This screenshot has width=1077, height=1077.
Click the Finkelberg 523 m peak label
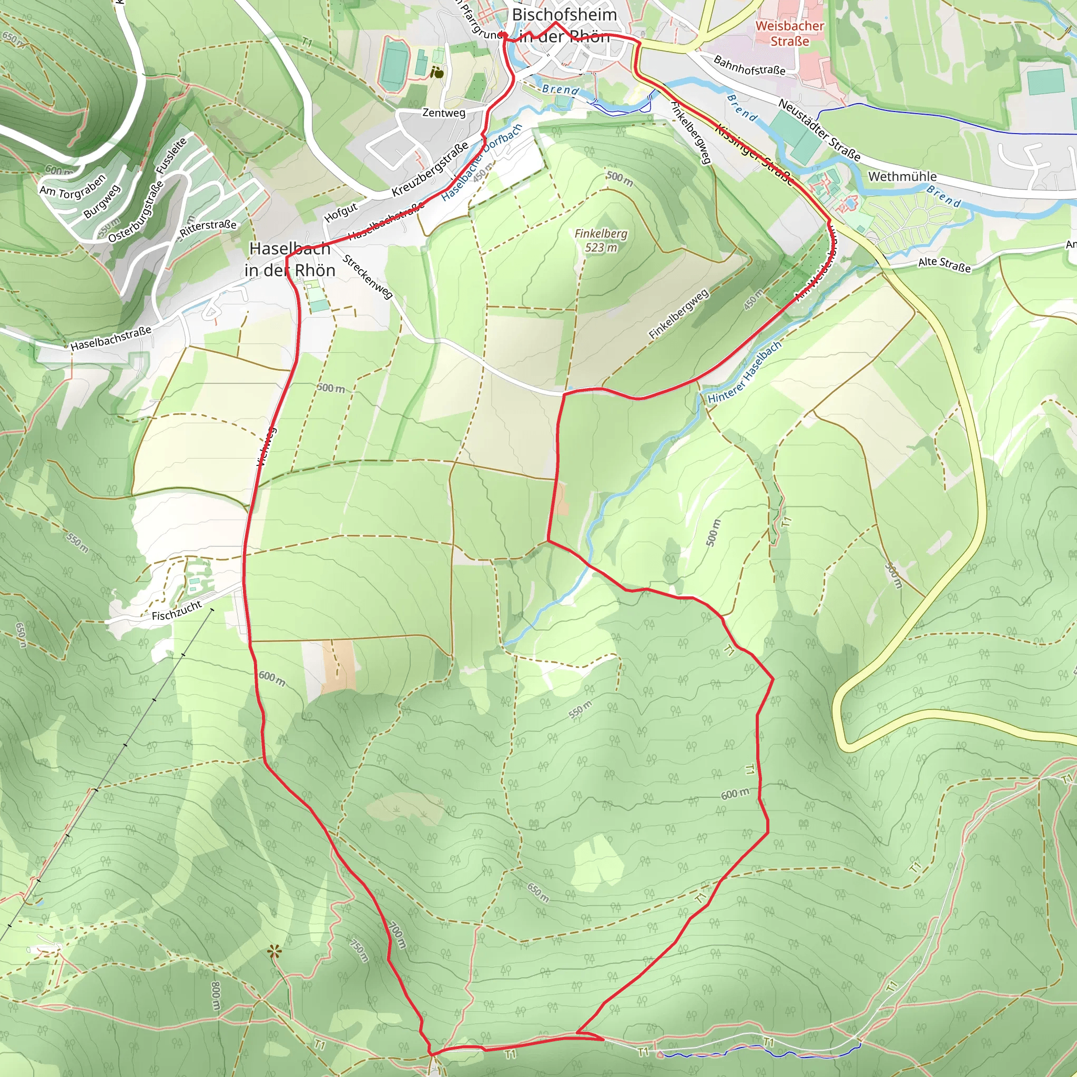point(601,240)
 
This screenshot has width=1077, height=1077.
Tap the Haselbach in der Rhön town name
point(290,259)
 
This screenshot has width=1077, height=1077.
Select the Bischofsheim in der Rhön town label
point(564,25)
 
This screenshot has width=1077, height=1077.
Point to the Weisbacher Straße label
point(789,33)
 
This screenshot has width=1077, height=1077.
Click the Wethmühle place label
point(902,177)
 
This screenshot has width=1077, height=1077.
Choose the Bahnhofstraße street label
point(749,65)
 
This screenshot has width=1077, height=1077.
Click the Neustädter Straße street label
point(819,129)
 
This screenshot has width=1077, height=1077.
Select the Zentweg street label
point(444,113)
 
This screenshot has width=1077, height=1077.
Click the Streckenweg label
point(368,277)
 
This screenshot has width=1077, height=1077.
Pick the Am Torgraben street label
point(73,185)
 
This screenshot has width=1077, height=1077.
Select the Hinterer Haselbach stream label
point(745,372)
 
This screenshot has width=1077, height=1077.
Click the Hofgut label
point(341,212)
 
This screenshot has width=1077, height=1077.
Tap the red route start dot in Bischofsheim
point(502,35)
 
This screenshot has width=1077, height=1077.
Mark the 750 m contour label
point(360,950)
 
